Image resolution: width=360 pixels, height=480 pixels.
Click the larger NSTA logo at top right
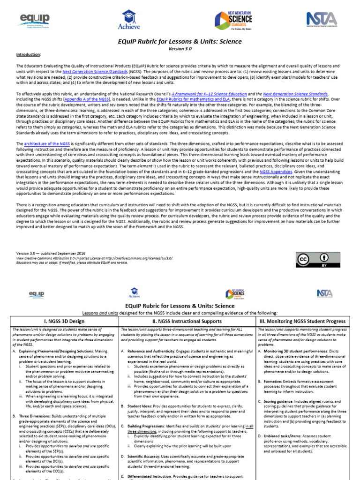(x=322, y=19)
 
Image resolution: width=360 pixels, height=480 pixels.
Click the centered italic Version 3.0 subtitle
(x=180, y=48)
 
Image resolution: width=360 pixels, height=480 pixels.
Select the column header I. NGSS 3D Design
(x=64, y=321)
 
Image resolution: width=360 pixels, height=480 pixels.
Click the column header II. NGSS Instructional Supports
(x=187, y=321)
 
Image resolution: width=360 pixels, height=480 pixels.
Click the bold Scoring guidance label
(x=281, y=402)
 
